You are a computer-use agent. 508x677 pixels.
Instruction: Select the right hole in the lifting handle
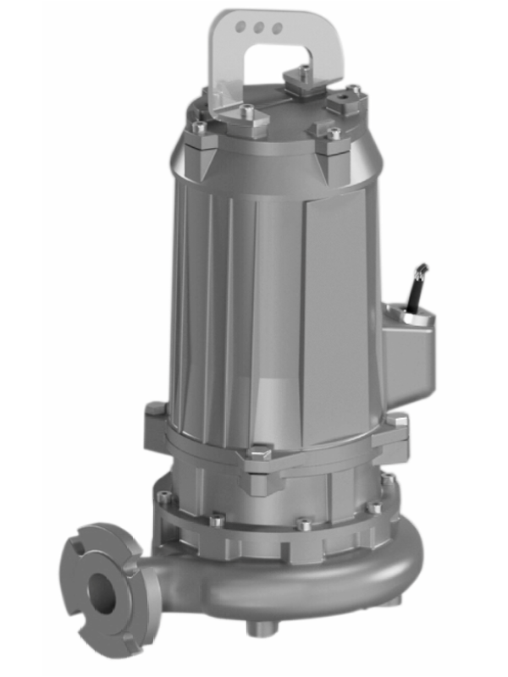pos(276,28)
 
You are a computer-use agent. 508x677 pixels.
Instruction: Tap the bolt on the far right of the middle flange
pos(396,421)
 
